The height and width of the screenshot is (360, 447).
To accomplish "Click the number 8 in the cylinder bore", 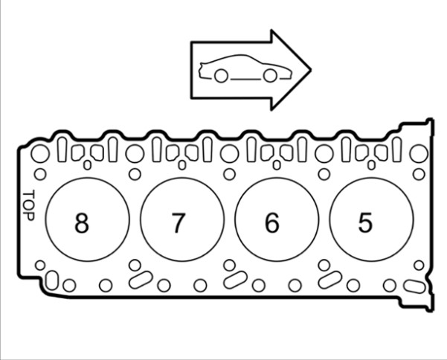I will (x=81, y=222).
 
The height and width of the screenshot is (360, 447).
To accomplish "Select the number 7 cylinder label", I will (x=177, y=222).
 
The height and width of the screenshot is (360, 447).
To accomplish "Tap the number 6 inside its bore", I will (x=272, y=222).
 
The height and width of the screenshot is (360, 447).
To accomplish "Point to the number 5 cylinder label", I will (x=365, y=222).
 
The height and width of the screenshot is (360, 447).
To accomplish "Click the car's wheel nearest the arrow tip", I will (x=270, y=75).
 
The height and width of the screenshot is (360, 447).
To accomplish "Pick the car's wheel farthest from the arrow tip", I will (x=220, y=75).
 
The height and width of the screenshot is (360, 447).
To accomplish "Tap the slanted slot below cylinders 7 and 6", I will (x=236, y=280).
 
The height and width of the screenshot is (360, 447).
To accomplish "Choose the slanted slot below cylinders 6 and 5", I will (x=330, y=280).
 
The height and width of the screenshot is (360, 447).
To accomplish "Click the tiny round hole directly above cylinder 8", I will (x=88, y=164).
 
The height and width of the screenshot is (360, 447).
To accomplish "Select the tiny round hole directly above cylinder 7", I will (x=182, y=164).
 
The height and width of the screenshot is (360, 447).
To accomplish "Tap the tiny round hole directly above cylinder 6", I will (x=277, y=164).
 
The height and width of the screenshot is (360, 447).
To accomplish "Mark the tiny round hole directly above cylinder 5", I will (x=371, y=164).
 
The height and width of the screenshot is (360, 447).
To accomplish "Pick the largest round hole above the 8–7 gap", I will (x=135, y=154).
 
